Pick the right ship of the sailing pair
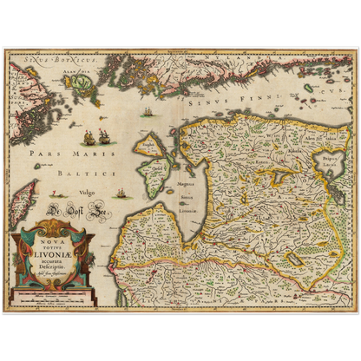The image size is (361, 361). pyautogui.click(x=103, y=136)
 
